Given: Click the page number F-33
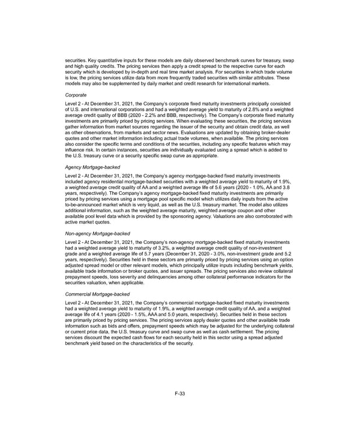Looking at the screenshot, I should [180, 393].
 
